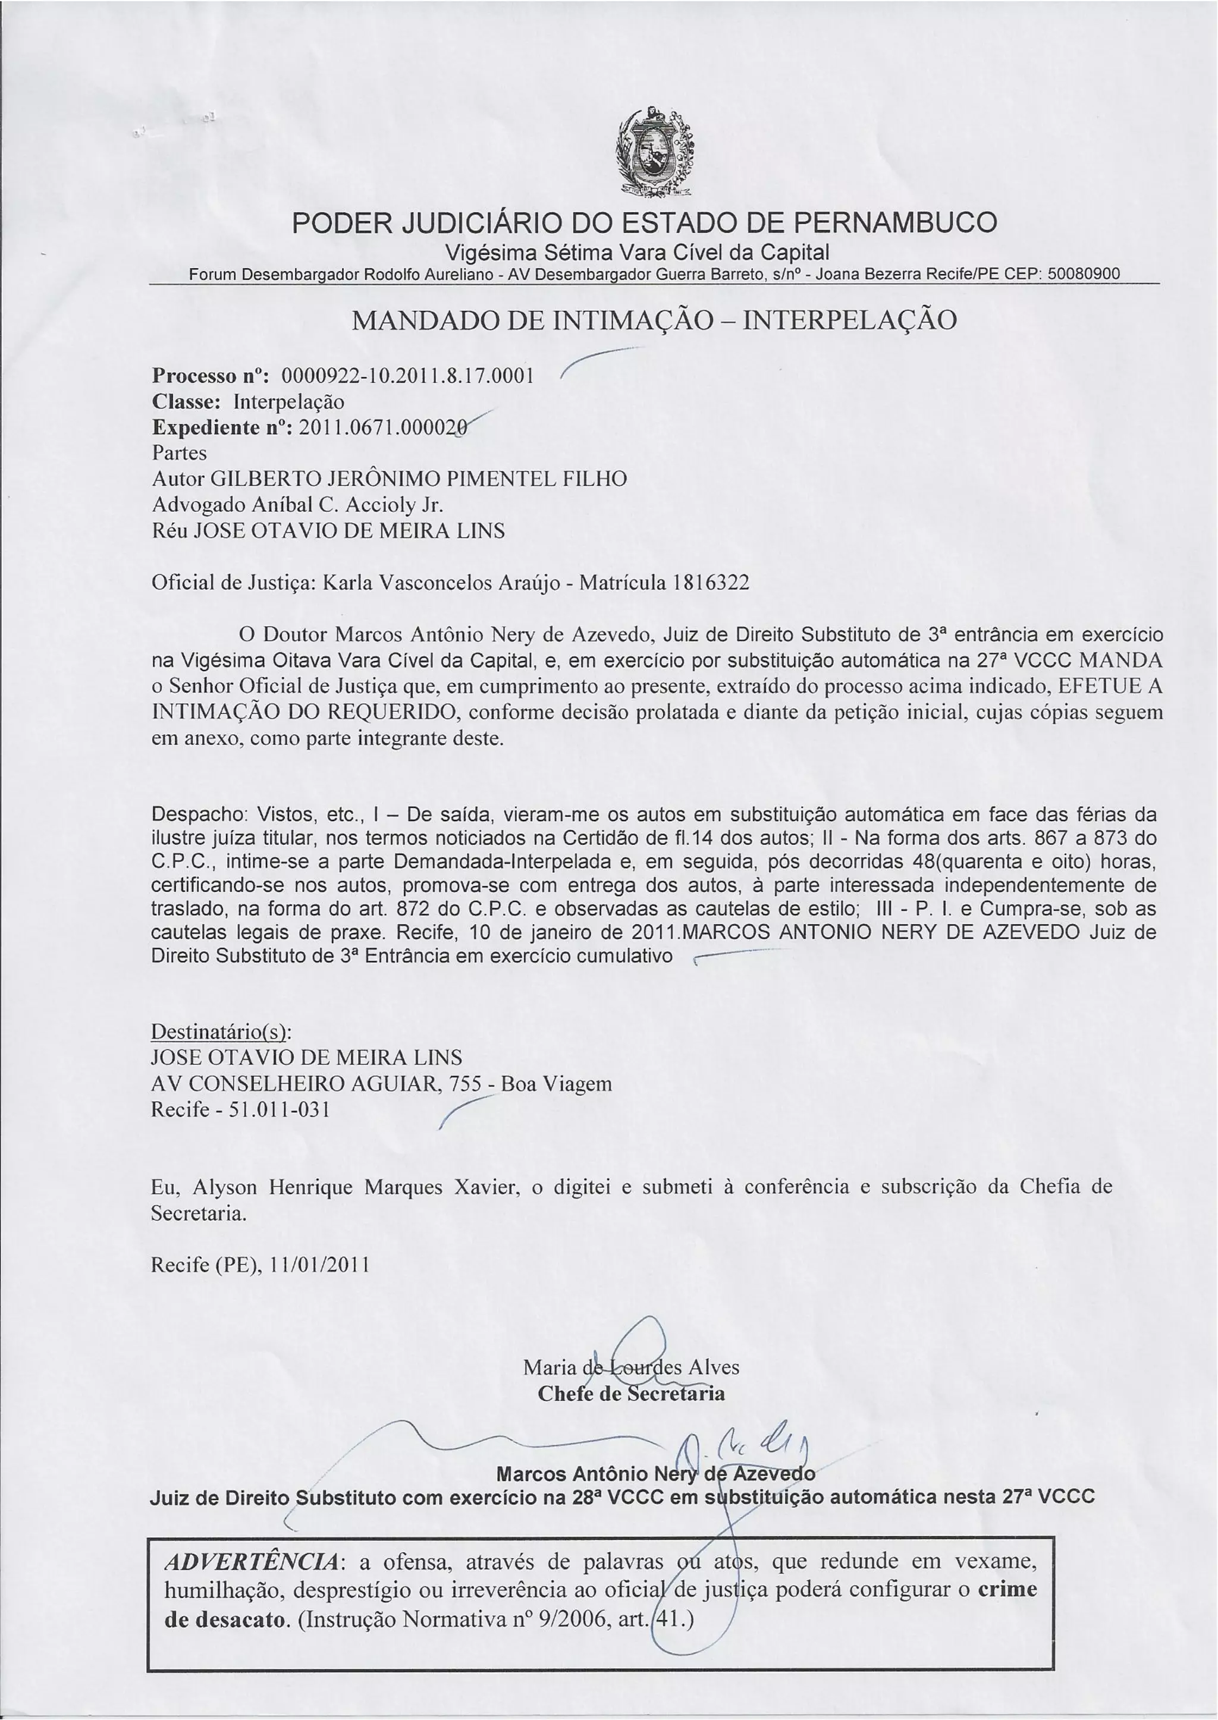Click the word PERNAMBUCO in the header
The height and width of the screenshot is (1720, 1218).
pos(894,223)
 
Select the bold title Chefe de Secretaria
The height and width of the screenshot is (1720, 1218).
pos(632,1393)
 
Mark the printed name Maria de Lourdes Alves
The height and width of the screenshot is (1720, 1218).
pos(632,1367)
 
